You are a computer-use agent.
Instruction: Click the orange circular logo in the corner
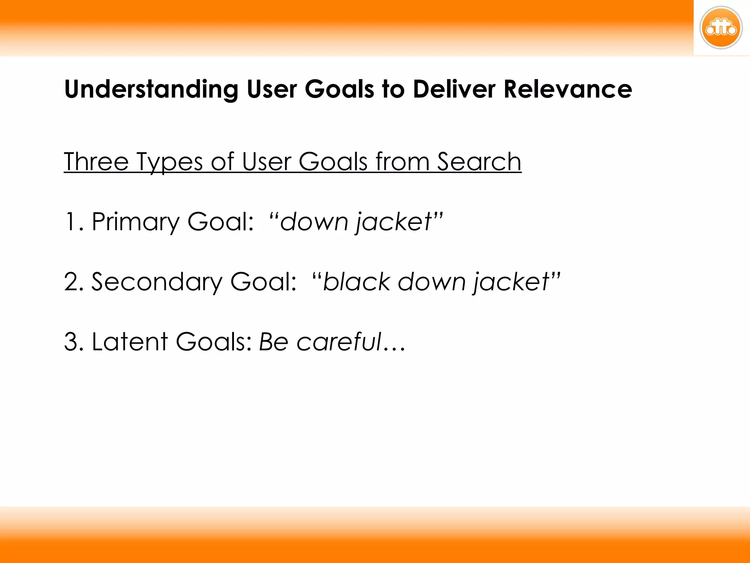(721, 28)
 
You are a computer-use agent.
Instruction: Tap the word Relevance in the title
(568, 89)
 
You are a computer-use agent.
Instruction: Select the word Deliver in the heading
(454, 89)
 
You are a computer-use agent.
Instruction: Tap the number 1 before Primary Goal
(70, 222)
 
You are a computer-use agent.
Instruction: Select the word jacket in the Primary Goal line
(394, 222)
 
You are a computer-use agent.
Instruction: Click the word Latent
(130, 342)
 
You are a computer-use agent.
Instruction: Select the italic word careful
(339, 342)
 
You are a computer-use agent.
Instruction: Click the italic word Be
(274, 342)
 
